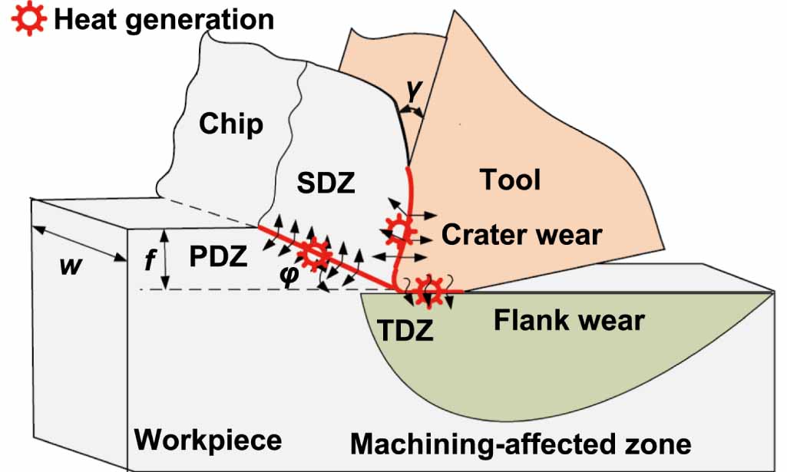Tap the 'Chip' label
click(x=230, y=124)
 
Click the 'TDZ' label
click(x=406, y=329)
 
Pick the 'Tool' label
click(x=510, y=180)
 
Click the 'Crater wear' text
click(x=521, y=234)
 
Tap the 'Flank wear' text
click(x=568, y=319)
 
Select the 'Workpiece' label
click(x=208, y=441)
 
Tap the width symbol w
click(x=71, y=266)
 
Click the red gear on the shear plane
click(x=314, y=253)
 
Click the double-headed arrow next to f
click(x=164, y=259)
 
